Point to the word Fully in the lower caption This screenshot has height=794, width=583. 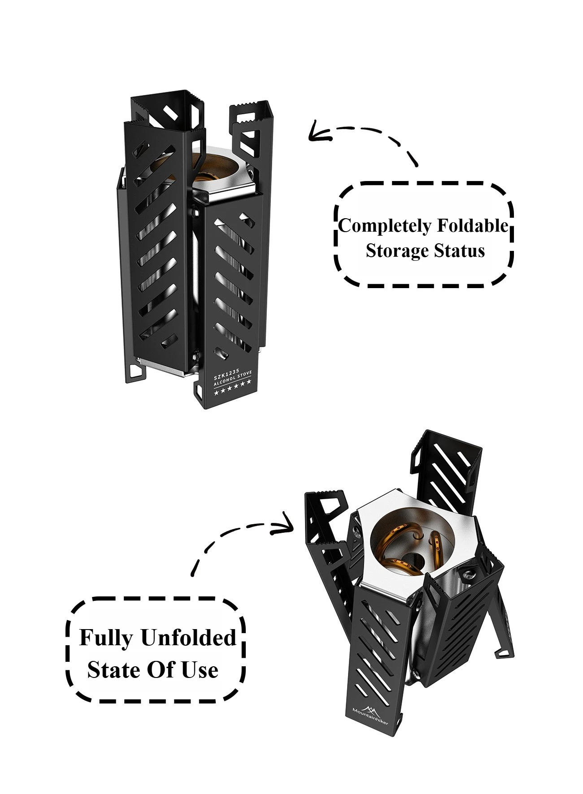[106, 638]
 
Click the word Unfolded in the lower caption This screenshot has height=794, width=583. [188, 637]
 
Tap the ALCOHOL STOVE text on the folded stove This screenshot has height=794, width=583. [233, 379]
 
